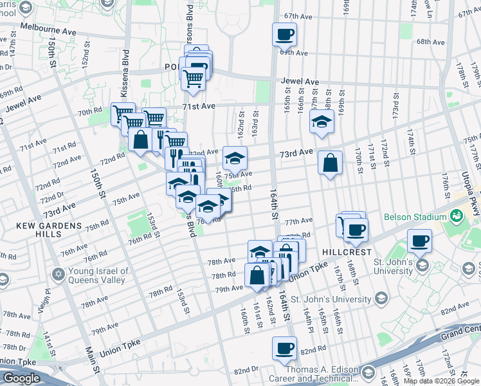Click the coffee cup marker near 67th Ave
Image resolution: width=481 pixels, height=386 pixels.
284,33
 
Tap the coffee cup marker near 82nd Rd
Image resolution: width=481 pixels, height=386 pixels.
284,349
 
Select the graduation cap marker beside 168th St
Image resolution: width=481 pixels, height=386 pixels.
322,120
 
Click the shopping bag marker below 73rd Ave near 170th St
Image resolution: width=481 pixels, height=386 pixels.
330,163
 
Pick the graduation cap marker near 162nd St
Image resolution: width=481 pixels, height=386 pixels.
235,158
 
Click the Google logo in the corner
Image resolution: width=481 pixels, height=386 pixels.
21,378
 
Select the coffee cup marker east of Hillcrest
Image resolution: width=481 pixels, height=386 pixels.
420,241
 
